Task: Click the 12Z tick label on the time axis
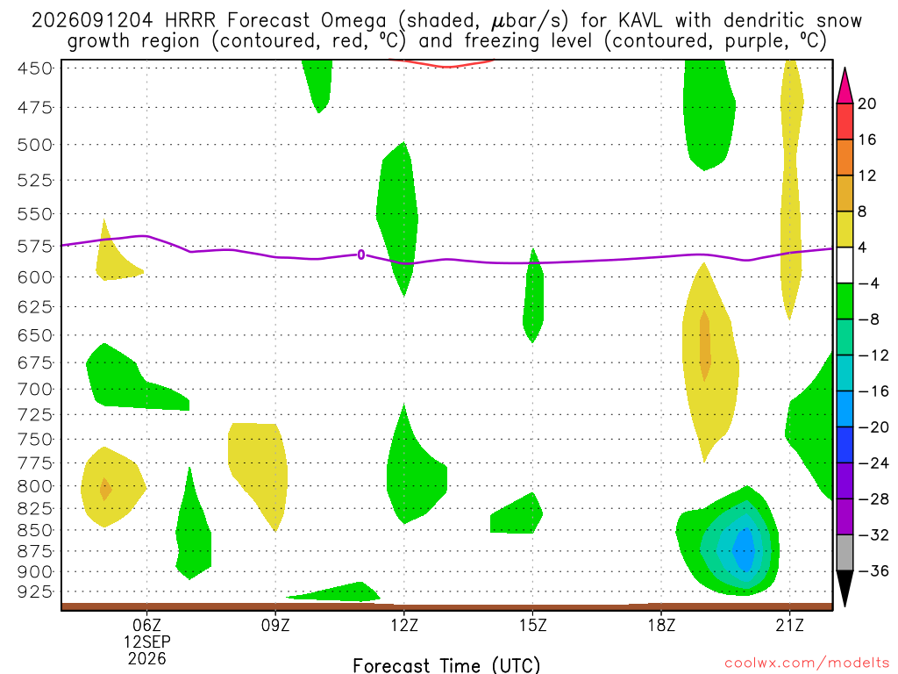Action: (x=404, y=624)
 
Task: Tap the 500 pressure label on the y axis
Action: (x=35, y=145)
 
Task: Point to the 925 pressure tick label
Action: (x=35, y=592)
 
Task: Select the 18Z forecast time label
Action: (x=661, y=624)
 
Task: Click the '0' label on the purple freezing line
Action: (x=360, y=255)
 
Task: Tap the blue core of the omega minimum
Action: (x=744, y=549)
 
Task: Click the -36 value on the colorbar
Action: (x=873, y=570)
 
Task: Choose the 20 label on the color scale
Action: (x=867, y=104)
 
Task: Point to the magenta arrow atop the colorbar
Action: (x=845, y=85)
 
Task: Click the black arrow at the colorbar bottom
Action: (x=845, y=588)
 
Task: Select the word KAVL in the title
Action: (x=639, y=21)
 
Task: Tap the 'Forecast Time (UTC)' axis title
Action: (x=446, y=665)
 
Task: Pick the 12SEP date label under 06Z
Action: (x=147, y=642)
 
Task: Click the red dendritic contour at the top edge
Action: (x=442, y=63)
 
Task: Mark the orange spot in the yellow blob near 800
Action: (x=105, y=489)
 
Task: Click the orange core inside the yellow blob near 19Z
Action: (x=705, y=345)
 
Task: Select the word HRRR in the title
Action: (x=189, y=21)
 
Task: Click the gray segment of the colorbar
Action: (x=845, y=553)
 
